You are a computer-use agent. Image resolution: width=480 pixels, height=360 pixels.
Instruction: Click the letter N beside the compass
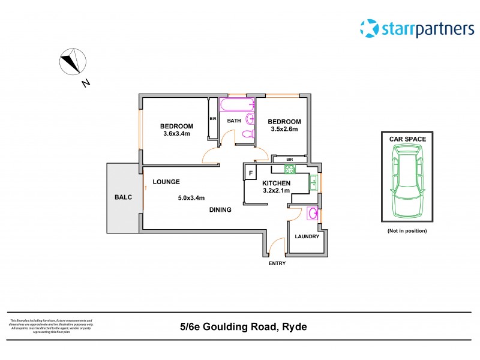[x=86, y=83]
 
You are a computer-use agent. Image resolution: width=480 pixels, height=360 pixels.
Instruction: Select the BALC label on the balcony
[x=123, y=197]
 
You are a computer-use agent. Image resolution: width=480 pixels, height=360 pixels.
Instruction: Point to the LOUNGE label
[x=166, y=182]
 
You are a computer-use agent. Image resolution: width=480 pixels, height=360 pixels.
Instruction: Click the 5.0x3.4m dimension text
[x=191, y=197]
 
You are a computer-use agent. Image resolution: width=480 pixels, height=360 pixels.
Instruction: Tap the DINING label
[x=220, y=210]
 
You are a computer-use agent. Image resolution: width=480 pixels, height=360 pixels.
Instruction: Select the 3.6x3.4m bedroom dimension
[x=176, y=134]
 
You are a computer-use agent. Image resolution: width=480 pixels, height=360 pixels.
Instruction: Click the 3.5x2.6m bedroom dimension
[x=284, y=129]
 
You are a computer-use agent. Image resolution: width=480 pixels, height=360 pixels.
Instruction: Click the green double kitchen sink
[x=314, y=182]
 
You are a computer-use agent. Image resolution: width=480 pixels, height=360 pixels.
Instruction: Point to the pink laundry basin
[x=313, y=213]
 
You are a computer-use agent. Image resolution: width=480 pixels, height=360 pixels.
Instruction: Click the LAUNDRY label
[x=307, y=236]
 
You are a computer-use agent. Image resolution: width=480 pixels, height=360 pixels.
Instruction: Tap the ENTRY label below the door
[x=277, y=263]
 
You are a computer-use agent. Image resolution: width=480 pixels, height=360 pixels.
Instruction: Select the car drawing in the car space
[x=408, y=181]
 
